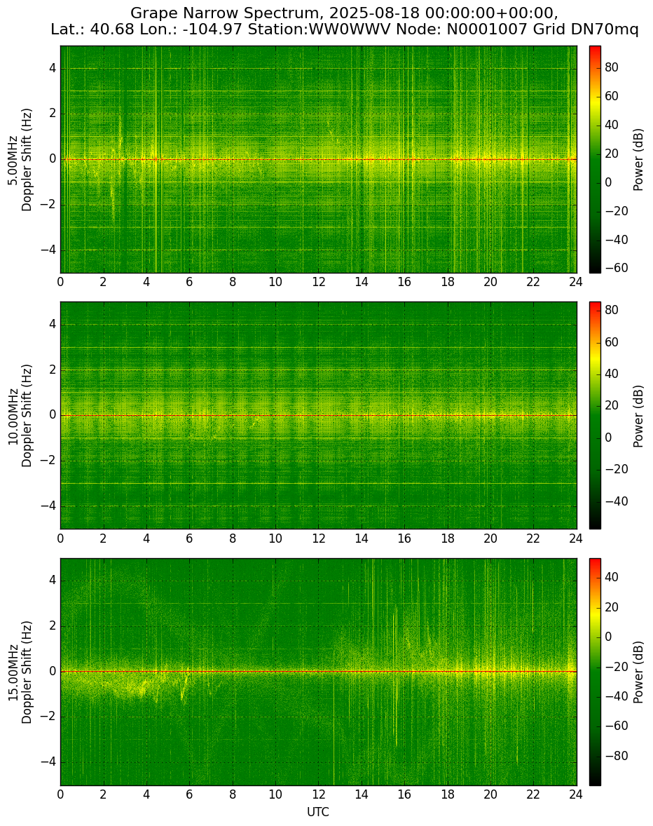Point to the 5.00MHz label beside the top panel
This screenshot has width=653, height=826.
(x=12, y=160)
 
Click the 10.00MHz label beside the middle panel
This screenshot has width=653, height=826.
(x=12, y=416)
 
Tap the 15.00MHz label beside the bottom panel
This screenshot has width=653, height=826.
(x=12, y=672)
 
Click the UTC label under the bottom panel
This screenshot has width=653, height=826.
(x=318, y=812)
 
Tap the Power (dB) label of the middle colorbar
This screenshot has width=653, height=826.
(x=638, y=417)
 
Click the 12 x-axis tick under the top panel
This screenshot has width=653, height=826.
(x=318, y=281)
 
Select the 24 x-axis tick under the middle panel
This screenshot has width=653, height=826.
(x=576, y=538)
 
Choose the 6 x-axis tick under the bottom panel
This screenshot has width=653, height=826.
(x=189, y=794)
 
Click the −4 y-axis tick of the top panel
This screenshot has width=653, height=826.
(x=48, y=250)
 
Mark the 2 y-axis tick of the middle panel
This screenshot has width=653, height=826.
(x=53, y=370)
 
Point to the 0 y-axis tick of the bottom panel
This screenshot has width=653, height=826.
(x=53, y=672)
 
